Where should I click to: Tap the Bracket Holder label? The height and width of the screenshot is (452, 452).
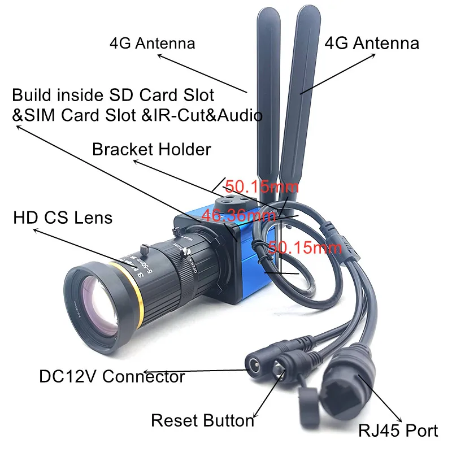point(151,150)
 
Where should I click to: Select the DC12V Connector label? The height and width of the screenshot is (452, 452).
point(112,376)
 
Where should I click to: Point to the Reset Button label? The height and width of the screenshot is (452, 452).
point(202,420)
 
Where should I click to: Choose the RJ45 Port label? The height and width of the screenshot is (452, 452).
point(398,431)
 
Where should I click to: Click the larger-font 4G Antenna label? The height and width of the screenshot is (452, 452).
point(372,44)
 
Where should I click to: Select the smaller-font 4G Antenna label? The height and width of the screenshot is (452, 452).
point(153,43)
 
